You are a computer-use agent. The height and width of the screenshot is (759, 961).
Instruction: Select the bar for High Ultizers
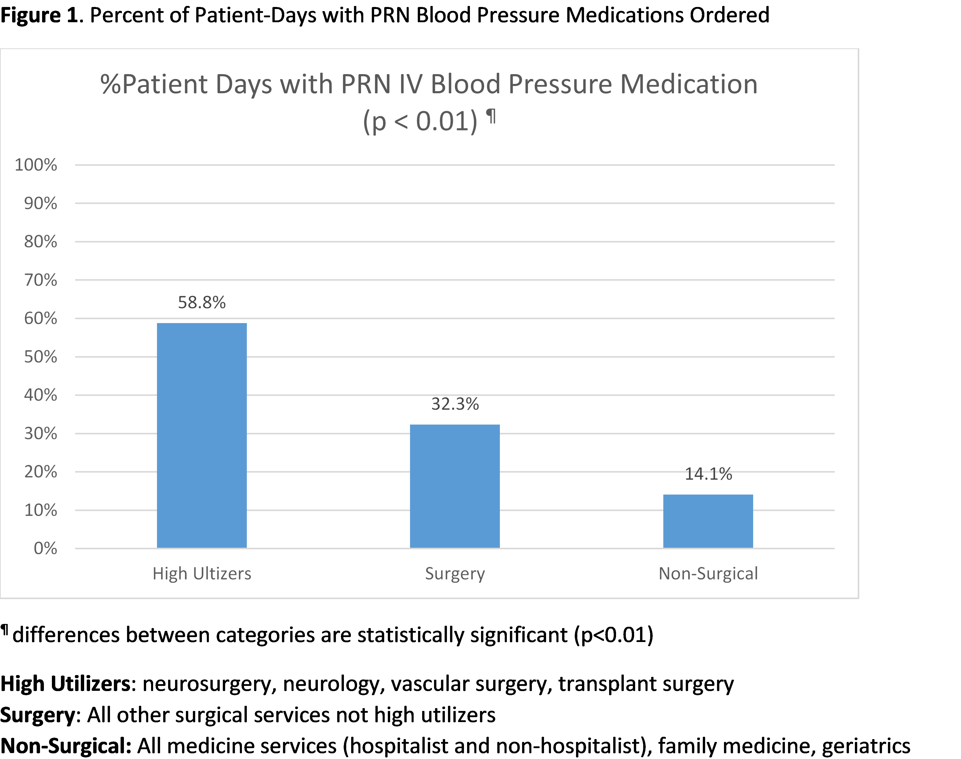coord(202,435)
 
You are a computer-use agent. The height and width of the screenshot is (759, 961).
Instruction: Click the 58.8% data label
coord(202,303)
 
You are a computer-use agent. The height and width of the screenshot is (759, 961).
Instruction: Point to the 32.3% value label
coord(455,404)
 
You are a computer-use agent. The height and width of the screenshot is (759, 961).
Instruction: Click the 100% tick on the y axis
coord(36,165)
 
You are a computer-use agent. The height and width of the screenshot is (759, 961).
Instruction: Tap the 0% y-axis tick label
coord(45,548)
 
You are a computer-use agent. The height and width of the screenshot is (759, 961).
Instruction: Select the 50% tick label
coord(41,357)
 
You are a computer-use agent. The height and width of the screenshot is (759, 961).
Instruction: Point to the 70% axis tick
coord(41,280)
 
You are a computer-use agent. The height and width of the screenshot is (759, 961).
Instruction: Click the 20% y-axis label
coord(41,472)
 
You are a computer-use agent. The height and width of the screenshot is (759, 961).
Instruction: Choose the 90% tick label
coord(41,204)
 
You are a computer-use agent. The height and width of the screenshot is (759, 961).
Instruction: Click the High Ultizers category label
coord(202,574)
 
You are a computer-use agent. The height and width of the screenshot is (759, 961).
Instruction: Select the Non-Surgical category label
coord(708,574)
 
